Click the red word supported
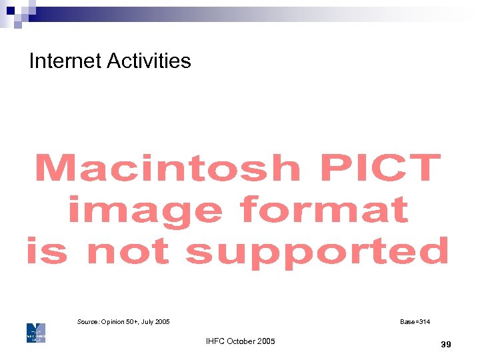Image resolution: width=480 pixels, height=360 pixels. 317,252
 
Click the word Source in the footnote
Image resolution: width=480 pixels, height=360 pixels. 88,322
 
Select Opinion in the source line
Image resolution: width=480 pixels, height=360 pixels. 113,322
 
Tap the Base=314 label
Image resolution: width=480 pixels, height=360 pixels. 415,322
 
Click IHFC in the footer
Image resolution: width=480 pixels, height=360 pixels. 215,341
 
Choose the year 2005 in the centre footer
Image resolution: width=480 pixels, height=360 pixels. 265,341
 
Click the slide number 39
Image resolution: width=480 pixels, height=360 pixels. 446,344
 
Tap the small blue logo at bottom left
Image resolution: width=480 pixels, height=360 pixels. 36,333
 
